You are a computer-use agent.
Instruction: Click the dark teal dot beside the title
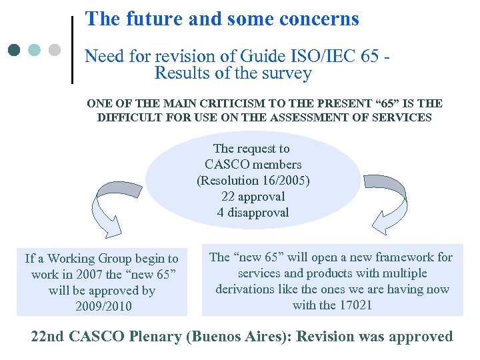click(x=15, y=50)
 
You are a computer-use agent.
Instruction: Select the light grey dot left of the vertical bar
click(x=55, y=50)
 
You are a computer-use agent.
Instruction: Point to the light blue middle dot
click(x=35, y=50)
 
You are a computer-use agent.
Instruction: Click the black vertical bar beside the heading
click(x=72, y=50)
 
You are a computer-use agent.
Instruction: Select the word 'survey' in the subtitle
click(x=286, y=73)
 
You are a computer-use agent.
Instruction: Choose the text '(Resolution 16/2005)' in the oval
click(x=253, y=181)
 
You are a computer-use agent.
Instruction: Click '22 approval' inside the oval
click(x=253, y=197)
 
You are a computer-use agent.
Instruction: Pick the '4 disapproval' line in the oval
click(x=253, y=213)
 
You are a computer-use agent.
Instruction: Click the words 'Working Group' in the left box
click(x=96, y=259)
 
